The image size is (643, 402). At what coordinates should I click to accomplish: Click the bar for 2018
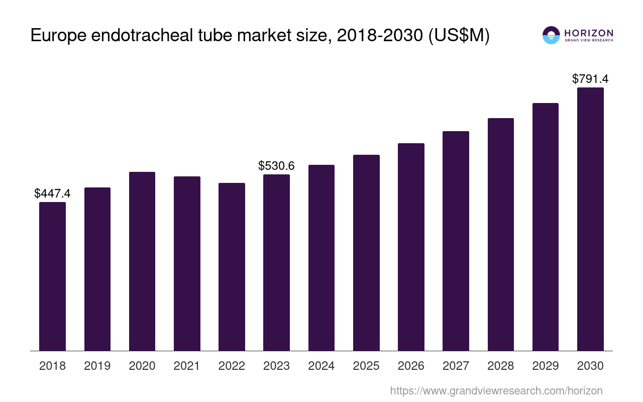52,276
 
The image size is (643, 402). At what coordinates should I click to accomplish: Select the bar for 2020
142,261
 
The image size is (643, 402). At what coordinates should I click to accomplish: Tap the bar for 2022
232,267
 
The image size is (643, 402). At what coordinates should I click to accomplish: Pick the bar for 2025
366,253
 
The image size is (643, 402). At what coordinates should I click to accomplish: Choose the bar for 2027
456,241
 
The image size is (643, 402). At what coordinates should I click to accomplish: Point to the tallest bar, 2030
590,219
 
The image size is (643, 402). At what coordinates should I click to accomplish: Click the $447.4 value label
52,193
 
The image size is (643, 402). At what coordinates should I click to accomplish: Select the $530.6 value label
276,166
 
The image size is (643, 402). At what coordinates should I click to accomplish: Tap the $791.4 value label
590,79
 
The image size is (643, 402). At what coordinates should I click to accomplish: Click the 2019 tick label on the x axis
97,366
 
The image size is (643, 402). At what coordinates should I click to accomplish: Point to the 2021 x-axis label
187,366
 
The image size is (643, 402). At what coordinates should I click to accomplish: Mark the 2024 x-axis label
321,366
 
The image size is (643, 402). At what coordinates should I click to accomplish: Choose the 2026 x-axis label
411,366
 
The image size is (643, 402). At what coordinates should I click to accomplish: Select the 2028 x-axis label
501,366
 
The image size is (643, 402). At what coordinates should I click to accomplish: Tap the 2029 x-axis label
546,366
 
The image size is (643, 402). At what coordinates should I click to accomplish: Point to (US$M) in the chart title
458,36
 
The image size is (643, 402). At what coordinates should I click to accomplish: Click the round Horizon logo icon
551,35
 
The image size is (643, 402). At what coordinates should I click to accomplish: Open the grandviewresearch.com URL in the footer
496,390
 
